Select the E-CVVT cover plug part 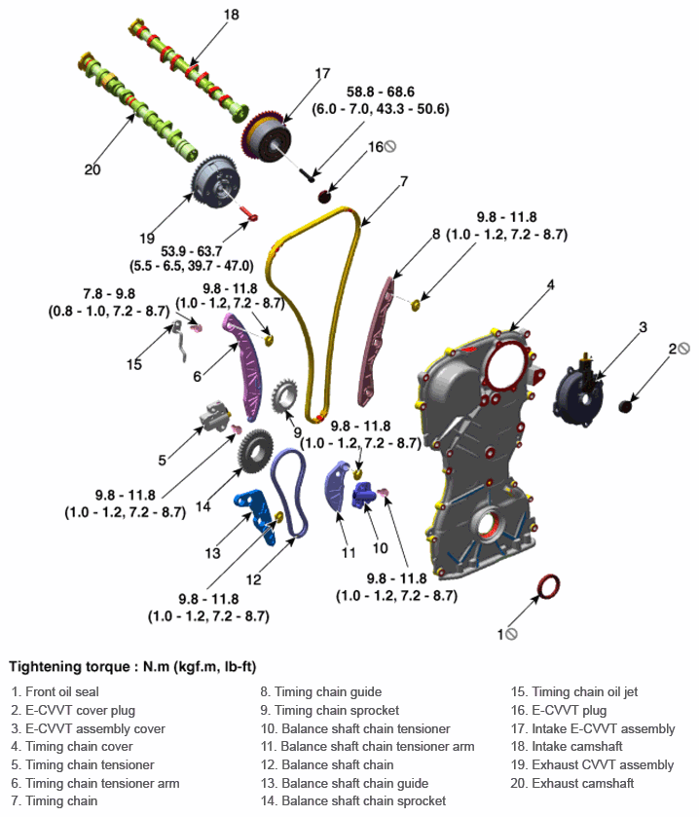[x=625, y=406]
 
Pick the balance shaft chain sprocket [x=255, y=452]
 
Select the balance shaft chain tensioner [x=362, y=494]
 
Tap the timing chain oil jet [x=181, y=340]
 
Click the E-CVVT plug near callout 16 [x=324, y=197]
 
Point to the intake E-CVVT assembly [x=267, y=136]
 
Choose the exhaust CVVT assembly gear [x=216, y=182]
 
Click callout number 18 [x=232, y=15]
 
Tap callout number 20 [x=92, y=169]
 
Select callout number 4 [x=551, y=284]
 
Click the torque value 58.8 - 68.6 [x=381, y=92]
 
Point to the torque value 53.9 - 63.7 [x=191, y=250]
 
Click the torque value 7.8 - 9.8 [x=109, y=293]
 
